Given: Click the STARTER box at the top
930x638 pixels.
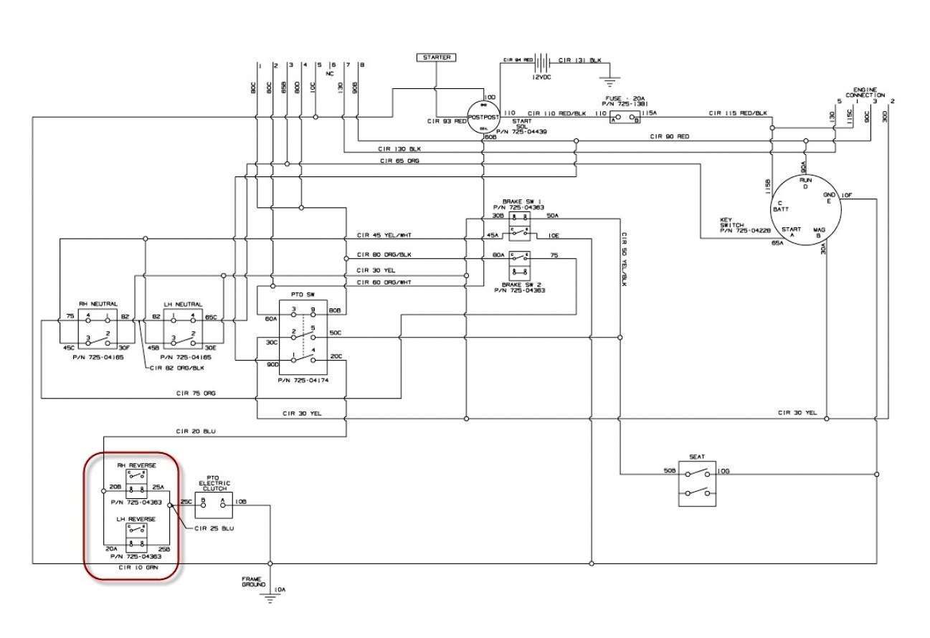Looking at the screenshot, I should click(436, 57).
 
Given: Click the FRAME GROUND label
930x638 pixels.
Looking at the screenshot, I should click(253, 581).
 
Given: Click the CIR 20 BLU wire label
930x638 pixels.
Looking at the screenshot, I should click(195, 431).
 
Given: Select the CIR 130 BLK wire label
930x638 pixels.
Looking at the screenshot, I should click(400, 149).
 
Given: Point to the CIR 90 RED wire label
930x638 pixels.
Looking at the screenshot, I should click(671, 135).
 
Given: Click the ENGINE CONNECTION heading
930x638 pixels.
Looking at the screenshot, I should click(865, 92).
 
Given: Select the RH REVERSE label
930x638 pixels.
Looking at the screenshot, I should click(137, 465).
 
